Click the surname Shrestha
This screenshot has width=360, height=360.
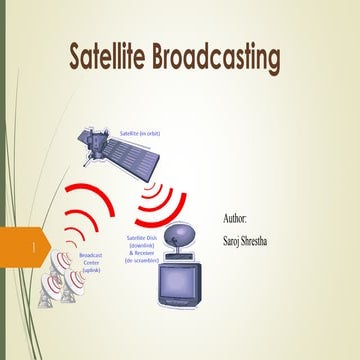click(271, 240)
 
